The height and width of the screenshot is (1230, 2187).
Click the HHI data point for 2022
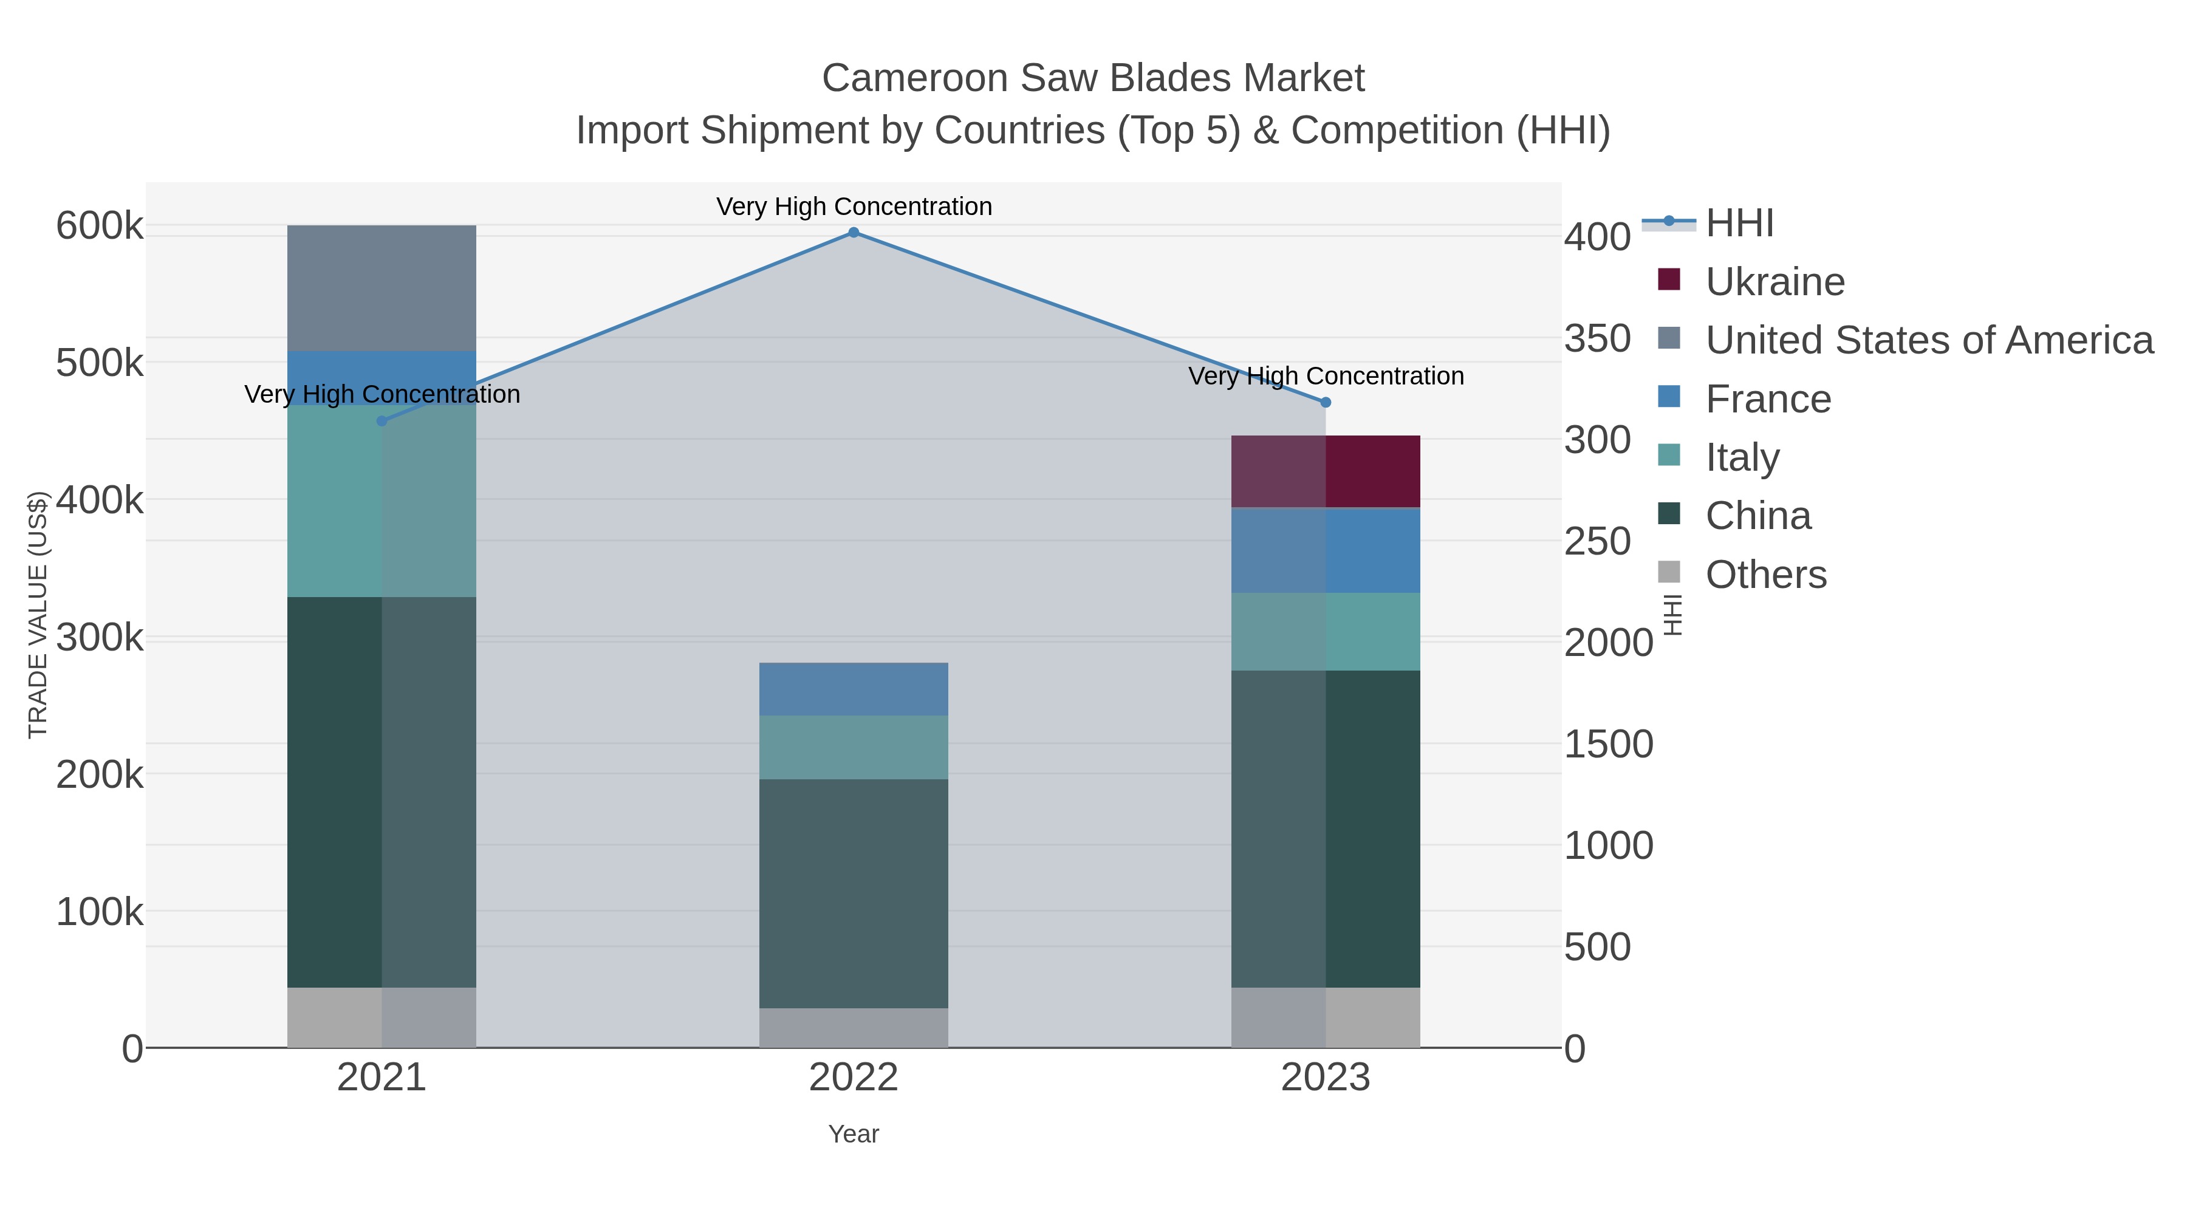854,233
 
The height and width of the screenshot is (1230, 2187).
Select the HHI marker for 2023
1326,402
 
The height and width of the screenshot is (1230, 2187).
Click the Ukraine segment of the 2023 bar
1326,471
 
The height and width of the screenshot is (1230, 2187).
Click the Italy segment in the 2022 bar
854,747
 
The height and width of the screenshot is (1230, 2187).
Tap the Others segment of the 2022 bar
854,1027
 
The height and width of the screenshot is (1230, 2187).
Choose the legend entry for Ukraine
1775,282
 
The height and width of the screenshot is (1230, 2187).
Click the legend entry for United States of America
1927,340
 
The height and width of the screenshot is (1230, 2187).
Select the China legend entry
1757,516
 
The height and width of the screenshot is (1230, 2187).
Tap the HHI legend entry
1739,224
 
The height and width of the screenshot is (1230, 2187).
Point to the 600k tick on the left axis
100,227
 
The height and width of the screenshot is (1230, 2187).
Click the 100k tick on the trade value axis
100,912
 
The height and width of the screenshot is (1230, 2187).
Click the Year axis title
854,1134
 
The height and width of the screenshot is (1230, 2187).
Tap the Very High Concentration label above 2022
854,207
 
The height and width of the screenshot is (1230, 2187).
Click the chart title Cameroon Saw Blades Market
1093,78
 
